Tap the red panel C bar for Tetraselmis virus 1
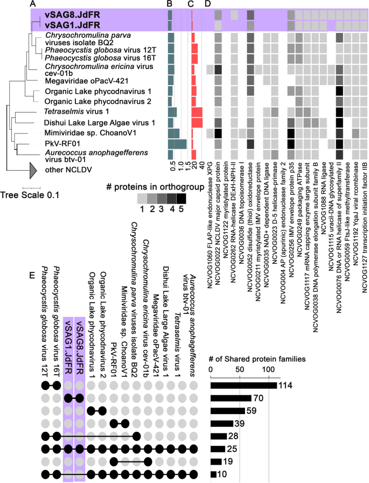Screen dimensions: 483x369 [197, 112]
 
